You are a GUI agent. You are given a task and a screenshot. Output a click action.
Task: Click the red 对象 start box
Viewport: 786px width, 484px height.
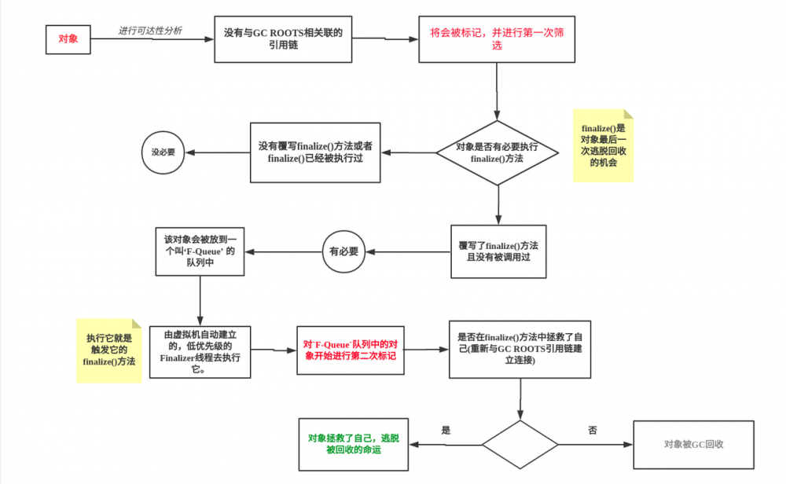point(68,38)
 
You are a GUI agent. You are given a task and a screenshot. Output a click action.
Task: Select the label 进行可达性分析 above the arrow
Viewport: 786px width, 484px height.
point(150,31)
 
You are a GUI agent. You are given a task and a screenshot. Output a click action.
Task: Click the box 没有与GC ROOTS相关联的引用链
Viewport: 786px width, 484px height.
point(288,38)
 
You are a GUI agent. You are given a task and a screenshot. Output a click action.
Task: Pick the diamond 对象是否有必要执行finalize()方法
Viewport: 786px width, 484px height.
point(497,153)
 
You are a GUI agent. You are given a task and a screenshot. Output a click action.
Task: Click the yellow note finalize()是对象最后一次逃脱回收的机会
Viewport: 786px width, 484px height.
point(603,145)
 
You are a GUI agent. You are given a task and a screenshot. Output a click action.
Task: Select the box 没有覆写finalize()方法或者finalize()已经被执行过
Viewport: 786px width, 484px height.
point(315,152)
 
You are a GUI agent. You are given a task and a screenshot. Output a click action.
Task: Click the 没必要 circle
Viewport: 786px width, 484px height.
point(163,152)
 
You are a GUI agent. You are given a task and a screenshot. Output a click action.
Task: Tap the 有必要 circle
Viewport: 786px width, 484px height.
point(343,251)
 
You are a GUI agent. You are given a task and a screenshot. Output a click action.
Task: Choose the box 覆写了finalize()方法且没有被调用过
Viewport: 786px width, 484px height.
point(498,251)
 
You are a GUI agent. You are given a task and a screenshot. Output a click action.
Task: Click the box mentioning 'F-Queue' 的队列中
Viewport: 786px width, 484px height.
point(200,251)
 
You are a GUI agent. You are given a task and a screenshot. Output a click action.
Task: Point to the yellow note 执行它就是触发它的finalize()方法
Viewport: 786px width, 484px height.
point(108,350)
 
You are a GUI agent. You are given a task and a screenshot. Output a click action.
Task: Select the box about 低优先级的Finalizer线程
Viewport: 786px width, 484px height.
point(200,350)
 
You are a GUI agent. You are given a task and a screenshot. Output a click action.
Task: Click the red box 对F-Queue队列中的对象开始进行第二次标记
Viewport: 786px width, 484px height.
point(350,350)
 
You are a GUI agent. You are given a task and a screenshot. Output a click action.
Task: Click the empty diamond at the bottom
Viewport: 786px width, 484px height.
point(520,444)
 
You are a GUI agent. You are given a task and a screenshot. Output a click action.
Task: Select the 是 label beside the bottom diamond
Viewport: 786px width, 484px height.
point(446,431)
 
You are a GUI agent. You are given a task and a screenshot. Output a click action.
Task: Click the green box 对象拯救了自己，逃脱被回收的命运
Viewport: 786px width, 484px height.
point(353,444)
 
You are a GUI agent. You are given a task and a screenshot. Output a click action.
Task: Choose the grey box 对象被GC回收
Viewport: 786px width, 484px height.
point(693,444)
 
